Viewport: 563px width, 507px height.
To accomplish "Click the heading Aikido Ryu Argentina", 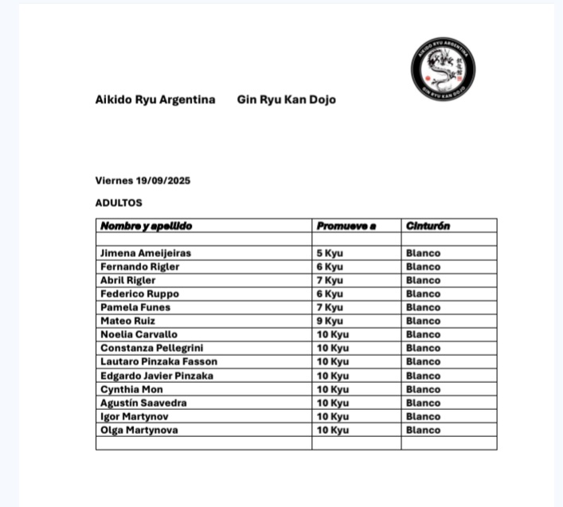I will click(155, 100).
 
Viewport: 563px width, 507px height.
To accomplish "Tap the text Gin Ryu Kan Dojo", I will click(286, 100).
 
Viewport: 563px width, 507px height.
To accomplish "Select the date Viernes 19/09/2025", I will click(143, 181).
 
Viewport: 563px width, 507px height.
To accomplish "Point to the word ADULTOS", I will click(119, 203).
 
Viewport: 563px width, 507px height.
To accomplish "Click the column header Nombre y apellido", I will click(146, 226).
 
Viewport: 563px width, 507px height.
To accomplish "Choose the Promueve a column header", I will click(346, 226).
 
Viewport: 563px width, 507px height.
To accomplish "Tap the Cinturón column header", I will click(428, 226).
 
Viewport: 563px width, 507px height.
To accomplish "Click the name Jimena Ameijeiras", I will click(145, 253).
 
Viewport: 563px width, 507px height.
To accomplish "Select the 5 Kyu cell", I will click(330, 253).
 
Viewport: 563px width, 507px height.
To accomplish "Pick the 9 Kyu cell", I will click(330, 321).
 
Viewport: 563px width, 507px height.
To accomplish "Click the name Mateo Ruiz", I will click(127, 321).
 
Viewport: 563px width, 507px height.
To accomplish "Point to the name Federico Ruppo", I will click(139, 294).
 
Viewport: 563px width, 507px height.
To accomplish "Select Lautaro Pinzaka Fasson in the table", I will click(158, 361).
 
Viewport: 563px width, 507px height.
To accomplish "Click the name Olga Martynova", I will click(139, 430).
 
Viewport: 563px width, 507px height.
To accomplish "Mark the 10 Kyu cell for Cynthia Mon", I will click(333, 389).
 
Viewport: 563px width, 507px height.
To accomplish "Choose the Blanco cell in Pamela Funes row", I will click(423, 307).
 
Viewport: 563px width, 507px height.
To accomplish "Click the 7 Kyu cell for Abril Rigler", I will click(330, 280).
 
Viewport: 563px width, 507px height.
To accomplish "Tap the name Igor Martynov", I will click(135, 416).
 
